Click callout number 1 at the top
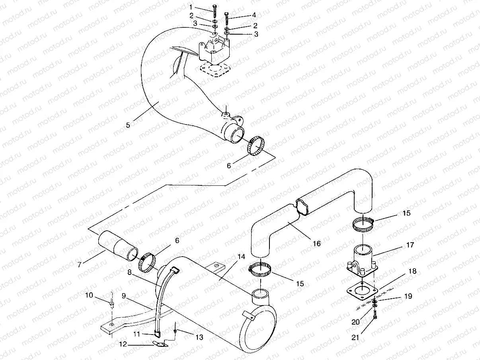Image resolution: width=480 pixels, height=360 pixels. point(191,7)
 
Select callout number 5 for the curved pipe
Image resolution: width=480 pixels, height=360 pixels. point(128,125)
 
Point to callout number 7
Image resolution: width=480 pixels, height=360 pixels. point(80,264)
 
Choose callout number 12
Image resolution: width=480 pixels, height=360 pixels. point(124,344)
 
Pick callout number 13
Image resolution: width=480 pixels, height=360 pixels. point(199,337)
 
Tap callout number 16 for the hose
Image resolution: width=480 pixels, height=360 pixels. point(317,243)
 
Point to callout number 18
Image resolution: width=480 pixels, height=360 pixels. point(413,271)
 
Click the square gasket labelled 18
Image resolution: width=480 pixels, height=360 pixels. point(362,292)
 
